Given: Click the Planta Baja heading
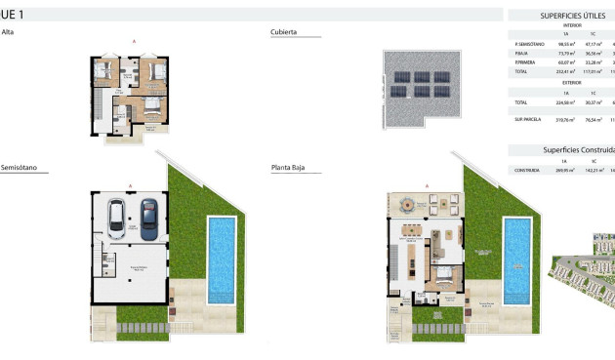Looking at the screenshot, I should point(288,167).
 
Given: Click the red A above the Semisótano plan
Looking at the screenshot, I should point(130,185).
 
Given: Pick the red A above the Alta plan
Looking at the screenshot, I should point(134,41).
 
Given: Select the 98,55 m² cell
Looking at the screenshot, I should point(564,44).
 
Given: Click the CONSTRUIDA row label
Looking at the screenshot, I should point(527,170).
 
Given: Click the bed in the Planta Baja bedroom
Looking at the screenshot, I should point(445,276).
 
